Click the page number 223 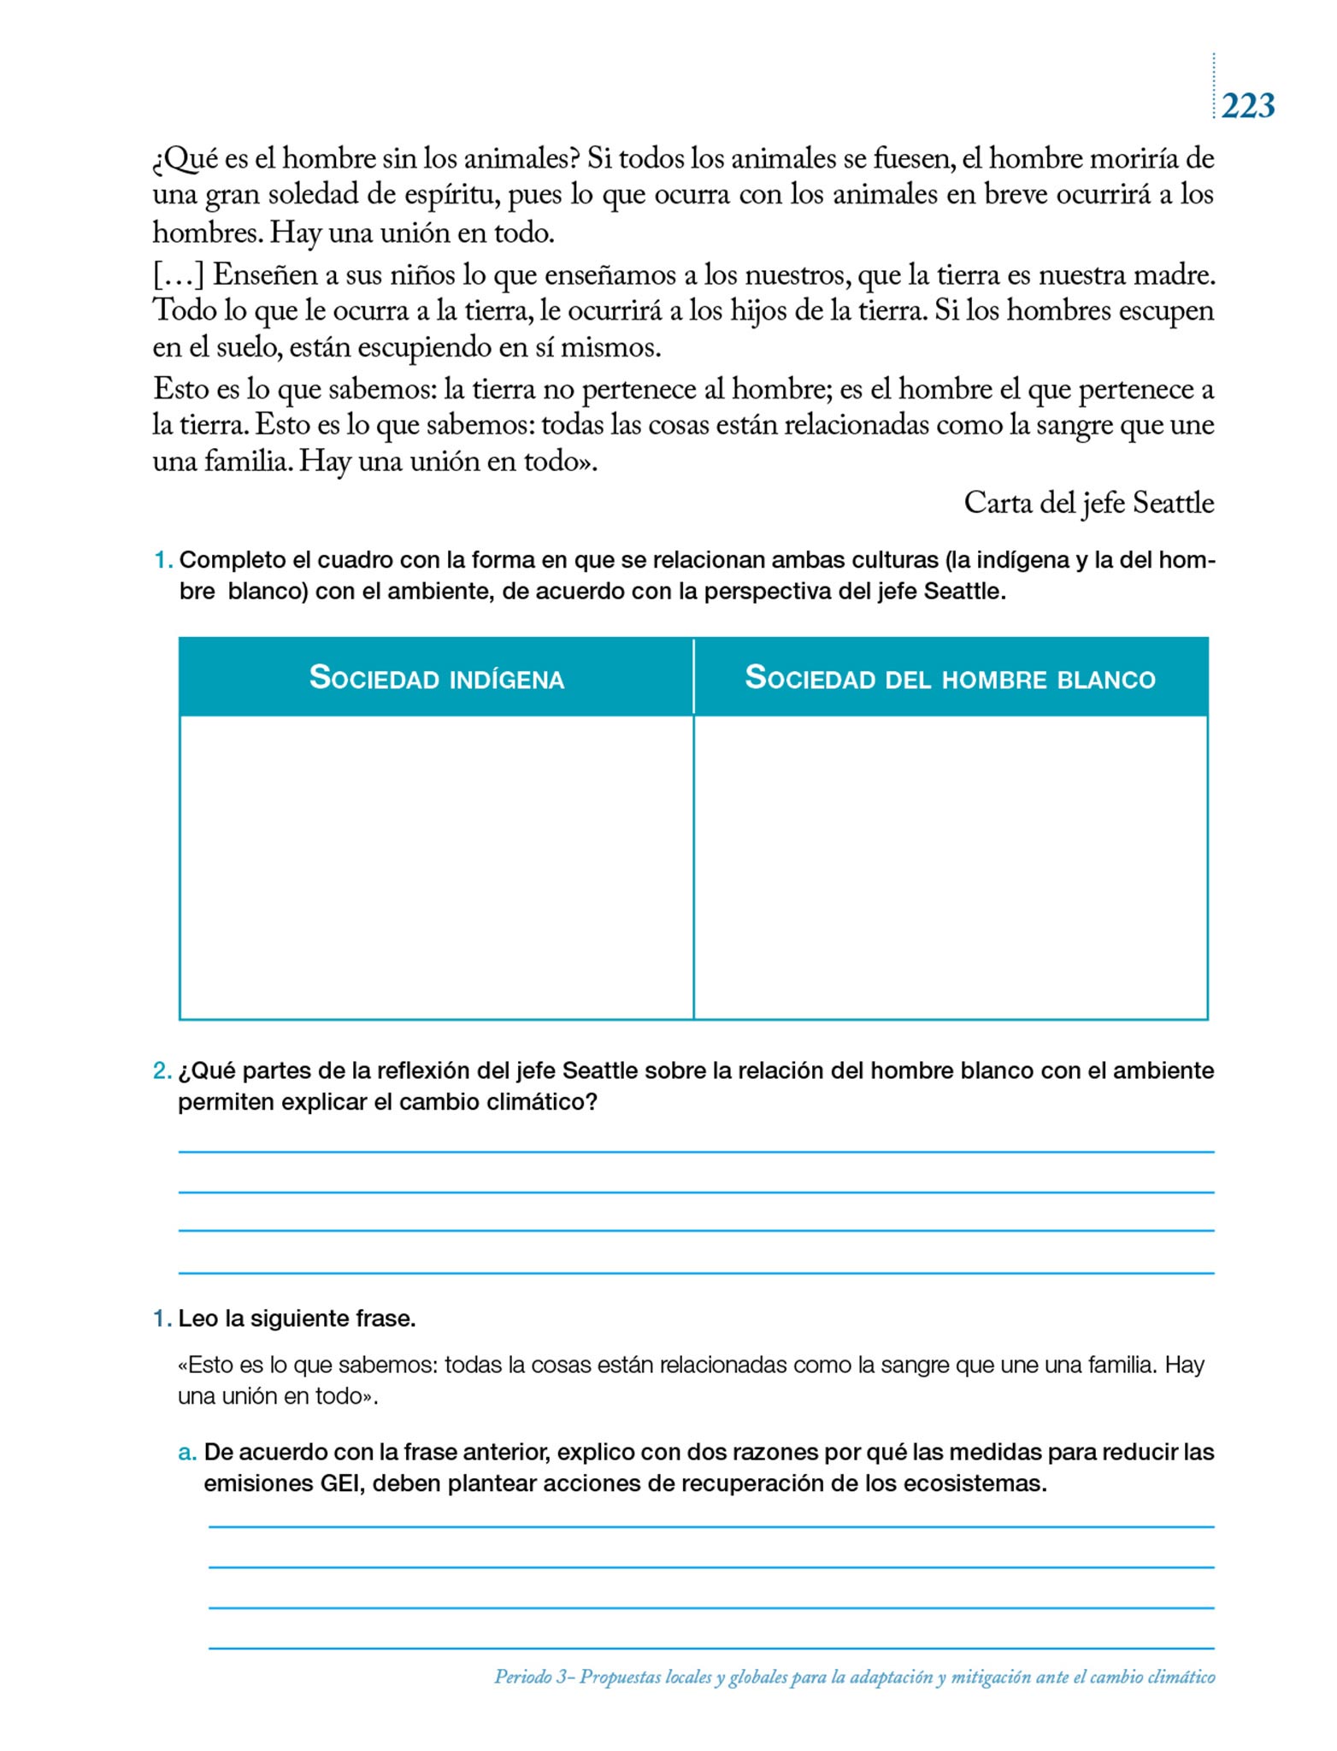(x=1247, y=106)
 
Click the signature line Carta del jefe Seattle (x=1088, y=503)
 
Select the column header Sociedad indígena (x=436, y=678)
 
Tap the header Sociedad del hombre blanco (x=950, y=678)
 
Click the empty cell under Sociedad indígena (x=436, y=867)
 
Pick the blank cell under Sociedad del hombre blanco (x=951, y=867)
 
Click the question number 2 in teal (x=162, y=1070)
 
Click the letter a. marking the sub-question (x=187, y=1452)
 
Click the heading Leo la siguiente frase (x=297, y=1318)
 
